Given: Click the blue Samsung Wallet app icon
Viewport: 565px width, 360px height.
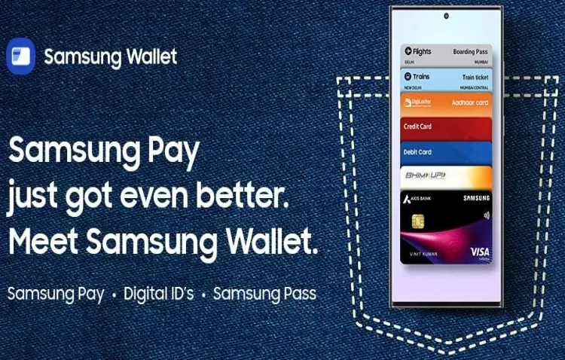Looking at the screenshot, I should click(20, 56).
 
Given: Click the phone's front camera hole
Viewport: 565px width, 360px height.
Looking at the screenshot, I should click(446, 16).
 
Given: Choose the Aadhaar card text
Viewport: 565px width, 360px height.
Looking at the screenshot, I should click(470, 102).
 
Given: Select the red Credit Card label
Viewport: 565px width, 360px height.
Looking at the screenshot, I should click(417, 127).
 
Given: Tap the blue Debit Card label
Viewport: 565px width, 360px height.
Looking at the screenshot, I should click(417, 151).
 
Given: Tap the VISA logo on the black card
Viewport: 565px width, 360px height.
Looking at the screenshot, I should click(479, 250).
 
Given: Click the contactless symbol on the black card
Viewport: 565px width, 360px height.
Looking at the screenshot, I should click(482, 213).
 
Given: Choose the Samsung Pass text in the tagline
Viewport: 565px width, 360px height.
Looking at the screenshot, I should click(264, 293).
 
